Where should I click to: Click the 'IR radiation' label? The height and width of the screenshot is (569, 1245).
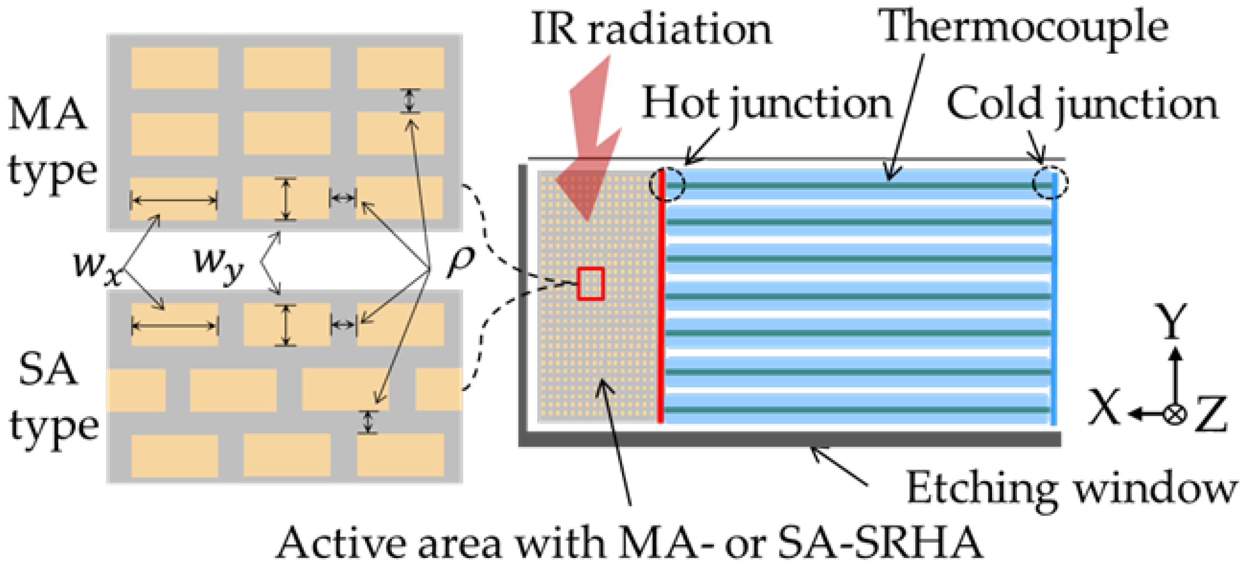651,29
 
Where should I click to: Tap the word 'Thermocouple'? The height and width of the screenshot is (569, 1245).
1023,28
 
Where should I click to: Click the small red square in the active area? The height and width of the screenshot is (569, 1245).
591,284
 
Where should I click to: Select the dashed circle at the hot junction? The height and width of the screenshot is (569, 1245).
667,184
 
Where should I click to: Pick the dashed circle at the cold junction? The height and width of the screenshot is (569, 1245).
1050,183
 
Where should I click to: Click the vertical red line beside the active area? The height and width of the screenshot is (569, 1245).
661,299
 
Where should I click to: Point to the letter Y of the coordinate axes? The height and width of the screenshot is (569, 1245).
1171,322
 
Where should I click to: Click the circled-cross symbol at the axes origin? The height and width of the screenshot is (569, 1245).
1175,414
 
